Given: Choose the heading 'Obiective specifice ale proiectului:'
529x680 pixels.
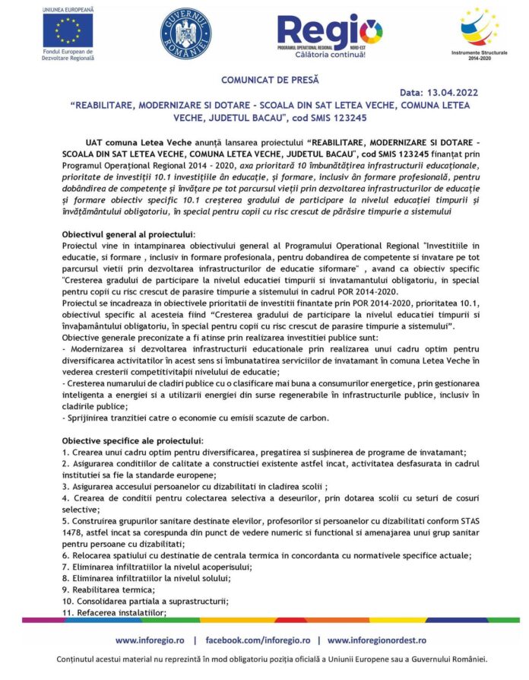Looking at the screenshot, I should click(132, 440).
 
